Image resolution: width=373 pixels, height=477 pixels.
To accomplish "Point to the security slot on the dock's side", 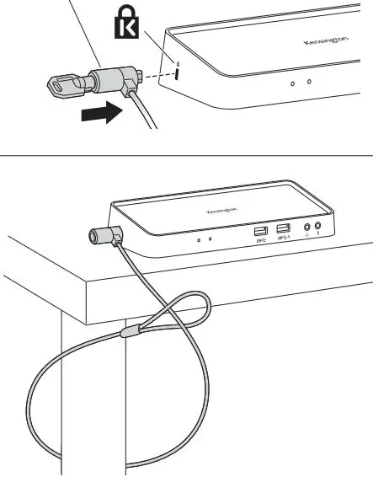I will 177,74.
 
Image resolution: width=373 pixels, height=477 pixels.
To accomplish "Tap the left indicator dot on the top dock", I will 292,83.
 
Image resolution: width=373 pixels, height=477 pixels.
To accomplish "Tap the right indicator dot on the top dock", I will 309,82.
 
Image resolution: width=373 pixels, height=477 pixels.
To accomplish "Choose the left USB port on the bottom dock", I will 260,232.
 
